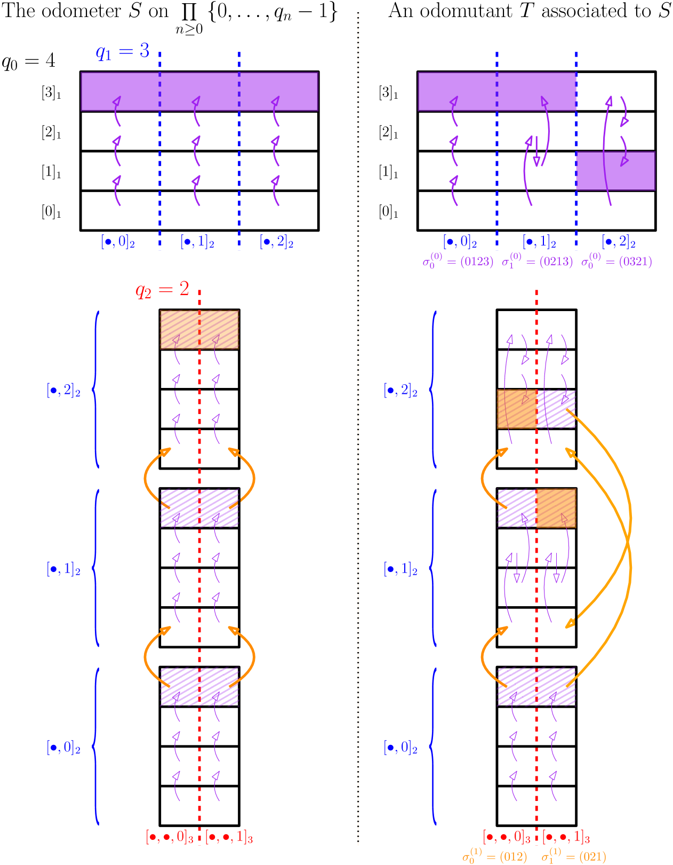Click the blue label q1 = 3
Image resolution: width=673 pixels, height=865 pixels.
click(122, 52)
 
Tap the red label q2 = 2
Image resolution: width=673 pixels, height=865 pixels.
click(162, 290)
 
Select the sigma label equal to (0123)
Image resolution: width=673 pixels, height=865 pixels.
click(458, 261)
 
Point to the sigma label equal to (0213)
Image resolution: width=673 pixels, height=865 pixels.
click(537, 261)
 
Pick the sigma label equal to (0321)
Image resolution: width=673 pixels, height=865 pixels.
click(616, 261)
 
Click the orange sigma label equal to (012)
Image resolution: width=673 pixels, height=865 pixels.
click(494, 856)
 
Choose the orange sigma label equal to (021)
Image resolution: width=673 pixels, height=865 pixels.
click(574, 856)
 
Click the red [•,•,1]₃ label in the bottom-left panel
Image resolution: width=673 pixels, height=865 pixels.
click(229, 837)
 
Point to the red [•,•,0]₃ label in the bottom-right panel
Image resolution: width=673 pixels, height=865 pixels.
click(507, 837)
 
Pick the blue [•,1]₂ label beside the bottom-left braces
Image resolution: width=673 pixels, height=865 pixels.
click(63, 569)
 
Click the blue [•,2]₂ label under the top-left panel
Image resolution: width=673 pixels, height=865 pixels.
click(276, 242)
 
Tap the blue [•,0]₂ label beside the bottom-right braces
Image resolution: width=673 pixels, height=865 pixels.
click(400, 748)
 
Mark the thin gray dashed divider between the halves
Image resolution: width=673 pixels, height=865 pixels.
click(358, 427)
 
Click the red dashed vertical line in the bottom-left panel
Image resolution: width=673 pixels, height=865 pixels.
click(199, 587)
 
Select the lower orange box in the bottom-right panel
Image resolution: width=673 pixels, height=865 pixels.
click(556, 508)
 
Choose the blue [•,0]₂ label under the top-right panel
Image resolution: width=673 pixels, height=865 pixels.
click(460, 242)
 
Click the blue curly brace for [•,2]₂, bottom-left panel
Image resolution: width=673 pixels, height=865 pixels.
click(95, 390)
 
